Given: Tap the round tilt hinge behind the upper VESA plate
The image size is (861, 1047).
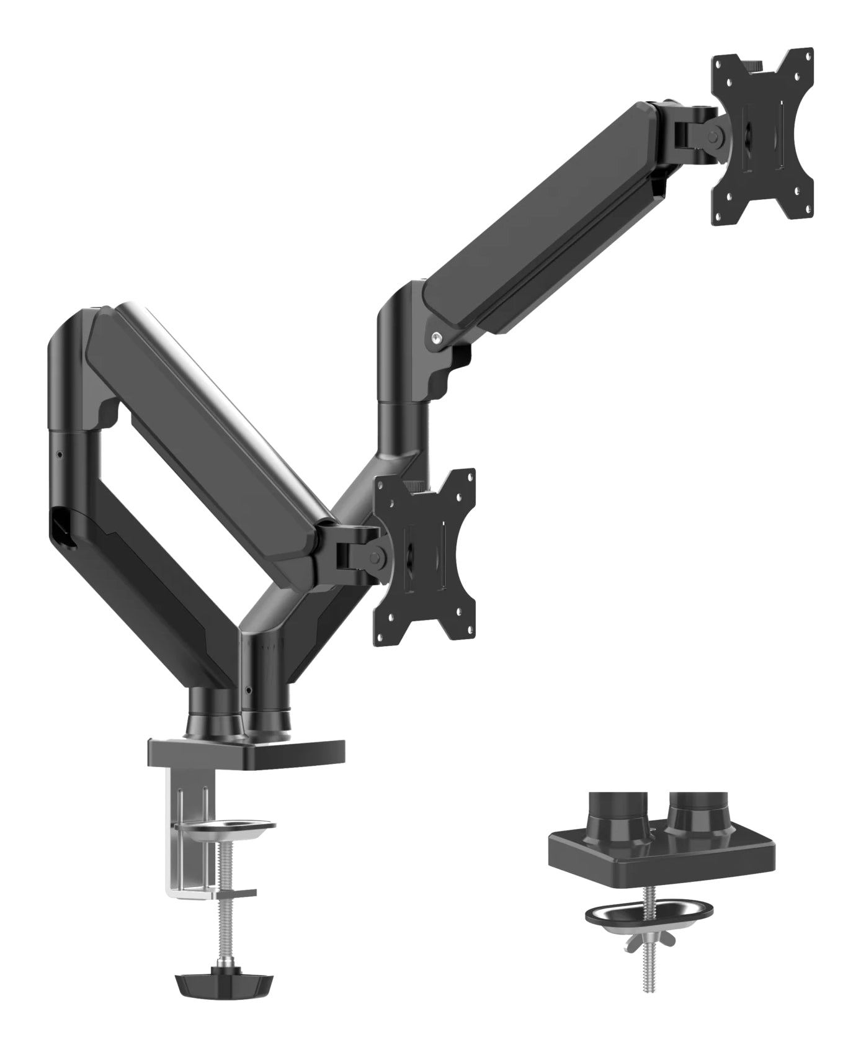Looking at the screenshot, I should click(x=716, y=135).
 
